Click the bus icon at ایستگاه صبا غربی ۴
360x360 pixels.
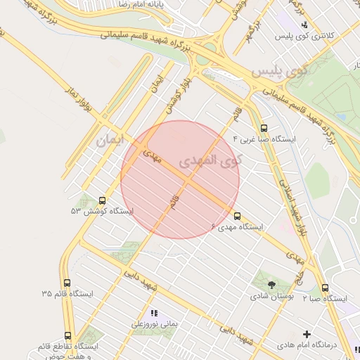pos(264,129)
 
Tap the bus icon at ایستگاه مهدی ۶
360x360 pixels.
pos(237,216)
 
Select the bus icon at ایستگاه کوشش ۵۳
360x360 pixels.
pos(103,200)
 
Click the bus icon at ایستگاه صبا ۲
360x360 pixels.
pos(325,288)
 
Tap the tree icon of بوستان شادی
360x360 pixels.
pos(271,284)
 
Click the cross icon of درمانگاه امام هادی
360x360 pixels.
pos(307,334)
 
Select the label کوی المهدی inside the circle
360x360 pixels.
pos(210,160)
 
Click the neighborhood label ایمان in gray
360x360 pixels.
pos(109,140)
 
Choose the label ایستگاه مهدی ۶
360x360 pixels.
pos(237,227)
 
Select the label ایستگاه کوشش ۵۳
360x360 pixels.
pos(101,211)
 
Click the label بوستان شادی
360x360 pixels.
pos(271,297)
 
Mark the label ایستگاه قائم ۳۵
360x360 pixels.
pos(67,293)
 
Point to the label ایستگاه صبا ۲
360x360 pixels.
pos(325,299)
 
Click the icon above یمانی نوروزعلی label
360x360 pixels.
pos(154,313)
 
